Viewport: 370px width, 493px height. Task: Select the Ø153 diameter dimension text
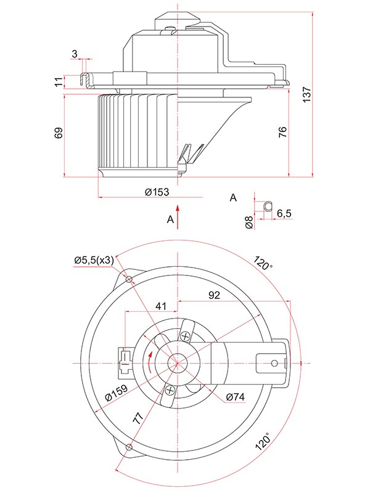point(157,192)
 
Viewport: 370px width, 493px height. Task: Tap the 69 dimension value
point(59,133)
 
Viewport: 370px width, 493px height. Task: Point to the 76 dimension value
point(282,132)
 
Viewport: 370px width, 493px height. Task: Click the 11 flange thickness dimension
point(59,81)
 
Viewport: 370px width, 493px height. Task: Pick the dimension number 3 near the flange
point(75,54)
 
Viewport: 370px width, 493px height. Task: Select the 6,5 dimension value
point(285,213)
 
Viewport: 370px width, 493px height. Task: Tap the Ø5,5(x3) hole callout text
point(94,261)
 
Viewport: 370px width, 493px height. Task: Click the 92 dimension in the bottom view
point(214,295)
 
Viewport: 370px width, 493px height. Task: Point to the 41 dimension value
point(161,306)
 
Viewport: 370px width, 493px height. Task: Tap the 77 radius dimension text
point(141,419)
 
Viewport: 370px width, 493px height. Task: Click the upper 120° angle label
point(262,263)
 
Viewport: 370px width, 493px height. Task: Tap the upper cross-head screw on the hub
point(186,336)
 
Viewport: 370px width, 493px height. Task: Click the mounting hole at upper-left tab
point(129,280)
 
